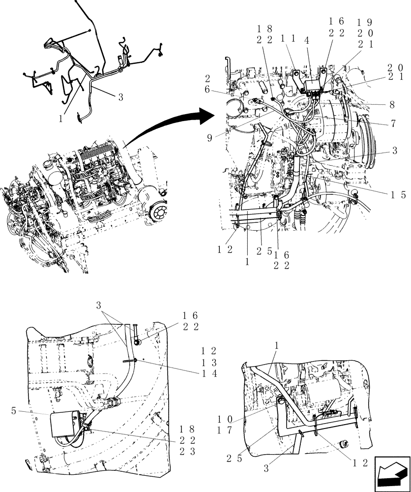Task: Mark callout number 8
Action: tap(392, 104)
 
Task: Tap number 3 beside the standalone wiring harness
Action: tap(120, 97)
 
